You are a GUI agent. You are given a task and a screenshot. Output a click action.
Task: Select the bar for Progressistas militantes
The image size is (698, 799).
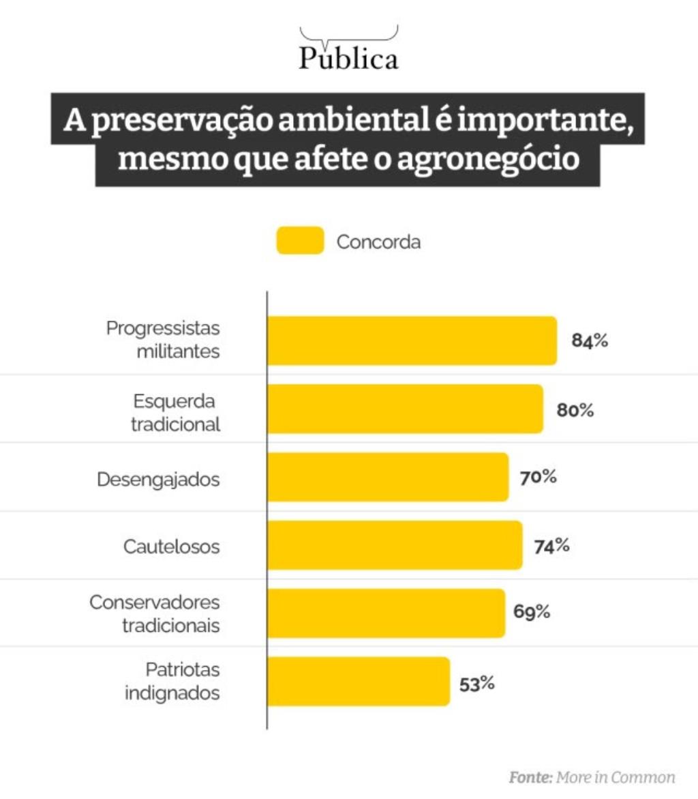[412, 340]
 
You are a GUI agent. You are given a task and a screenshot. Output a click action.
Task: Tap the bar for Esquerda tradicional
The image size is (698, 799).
[405, 409]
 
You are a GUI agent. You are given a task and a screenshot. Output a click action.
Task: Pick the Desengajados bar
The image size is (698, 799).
[387, 477]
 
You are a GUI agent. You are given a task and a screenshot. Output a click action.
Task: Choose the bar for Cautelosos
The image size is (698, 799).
[394, 545]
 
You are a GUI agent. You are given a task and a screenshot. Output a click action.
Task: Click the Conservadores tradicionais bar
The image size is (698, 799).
[386, 613]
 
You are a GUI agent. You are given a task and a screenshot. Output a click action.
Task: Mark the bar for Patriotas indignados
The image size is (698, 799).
[358, 681]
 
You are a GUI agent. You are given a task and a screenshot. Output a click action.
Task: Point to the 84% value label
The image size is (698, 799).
[590, 341]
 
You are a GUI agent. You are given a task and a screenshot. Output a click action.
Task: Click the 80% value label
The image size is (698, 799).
[576, 411]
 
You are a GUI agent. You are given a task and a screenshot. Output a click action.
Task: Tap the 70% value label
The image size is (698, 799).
[538, 477]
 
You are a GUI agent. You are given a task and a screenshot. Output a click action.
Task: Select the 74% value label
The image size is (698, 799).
[551, 547]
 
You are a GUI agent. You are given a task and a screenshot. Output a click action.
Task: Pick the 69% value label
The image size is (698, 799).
[532, 611]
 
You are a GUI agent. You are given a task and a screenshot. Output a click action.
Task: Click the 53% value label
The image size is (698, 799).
[476, 683]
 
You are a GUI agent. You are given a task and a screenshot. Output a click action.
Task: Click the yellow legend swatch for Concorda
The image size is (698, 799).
[300, 242]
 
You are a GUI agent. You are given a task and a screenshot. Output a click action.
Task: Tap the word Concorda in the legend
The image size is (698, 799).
[379, 242]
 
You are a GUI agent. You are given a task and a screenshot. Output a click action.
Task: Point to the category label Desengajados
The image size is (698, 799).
[158, 479]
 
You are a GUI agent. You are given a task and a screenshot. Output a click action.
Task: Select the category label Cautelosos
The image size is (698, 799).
[172, 547]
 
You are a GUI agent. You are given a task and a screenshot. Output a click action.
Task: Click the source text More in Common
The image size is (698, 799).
[615, 777]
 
